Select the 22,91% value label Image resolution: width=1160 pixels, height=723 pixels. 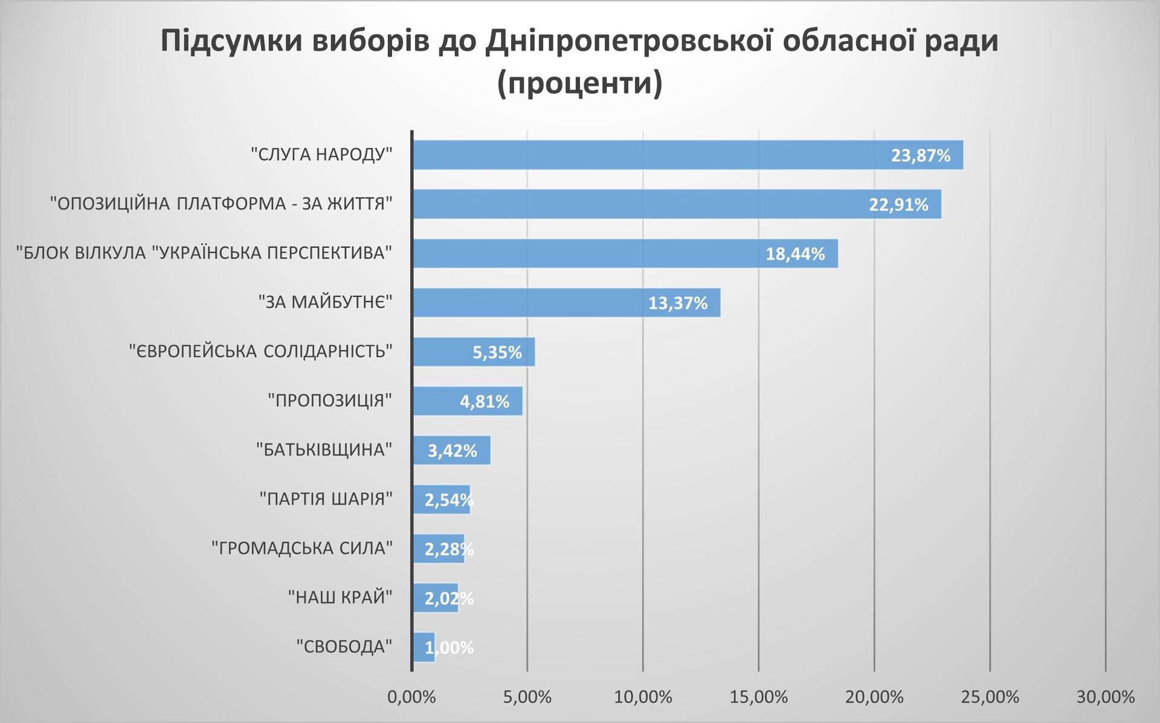coord(898,205)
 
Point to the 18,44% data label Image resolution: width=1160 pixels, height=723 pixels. coord(795,253)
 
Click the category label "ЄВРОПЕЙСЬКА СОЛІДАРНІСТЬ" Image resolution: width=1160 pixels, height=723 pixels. coord(261,351)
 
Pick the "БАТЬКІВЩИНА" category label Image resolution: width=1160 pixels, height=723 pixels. coord(324,450)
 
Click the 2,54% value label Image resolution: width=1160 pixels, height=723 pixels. coord(448,500)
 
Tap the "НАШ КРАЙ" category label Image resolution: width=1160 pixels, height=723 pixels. coord(340,597)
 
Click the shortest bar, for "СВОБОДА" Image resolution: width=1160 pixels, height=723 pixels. coord(424,647)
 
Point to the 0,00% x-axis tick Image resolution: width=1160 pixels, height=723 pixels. coord(411,697)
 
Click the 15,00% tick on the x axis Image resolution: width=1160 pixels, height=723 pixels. coord(759,697)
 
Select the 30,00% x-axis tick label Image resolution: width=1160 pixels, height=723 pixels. coord(1106,697)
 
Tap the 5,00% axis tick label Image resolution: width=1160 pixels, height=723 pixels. coord(527,697)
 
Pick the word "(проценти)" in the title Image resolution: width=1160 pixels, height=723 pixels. coord(579,83)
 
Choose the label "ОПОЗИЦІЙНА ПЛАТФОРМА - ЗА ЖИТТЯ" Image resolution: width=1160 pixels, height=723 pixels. coord(221,203)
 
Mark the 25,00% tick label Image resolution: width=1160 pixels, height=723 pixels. coord(990,697)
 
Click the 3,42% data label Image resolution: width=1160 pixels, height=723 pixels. coord(452,450)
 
